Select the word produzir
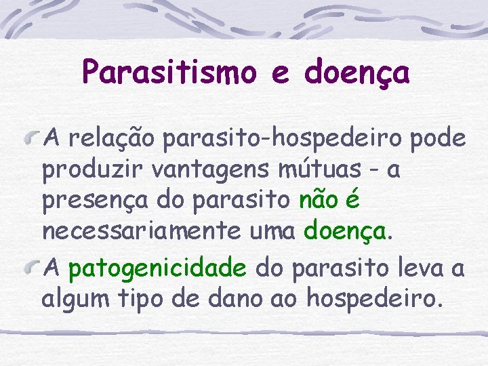(x=85, y=170)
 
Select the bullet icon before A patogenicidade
(x=32, y=268)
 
